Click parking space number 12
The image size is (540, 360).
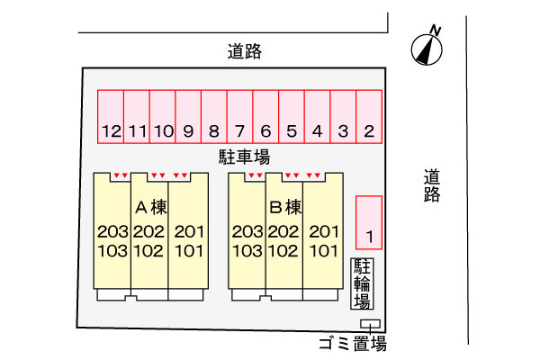click(x=111, y=117)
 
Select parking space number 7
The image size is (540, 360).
click(x=239, y=117)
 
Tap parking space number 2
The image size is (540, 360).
click(x=369, y=117)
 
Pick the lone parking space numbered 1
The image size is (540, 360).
click(x=369, y=222)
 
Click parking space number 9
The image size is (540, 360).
click(x=188, y=117)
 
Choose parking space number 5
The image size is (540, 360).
click(x=292, y=117)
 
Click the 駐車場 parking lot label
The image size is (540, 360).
click(x=245, y=157)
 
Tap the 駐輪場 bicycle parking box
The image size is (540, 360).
click(x=363, y=283)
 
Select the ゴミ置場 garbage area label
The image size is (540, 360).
click(x=353, y=344)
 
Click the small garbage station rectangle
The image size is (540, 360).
click(x=370, y=324)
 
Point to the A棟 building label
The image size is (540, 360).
click(x=151, y=207)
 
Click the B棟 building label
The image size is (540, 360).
click(x=285, y=207)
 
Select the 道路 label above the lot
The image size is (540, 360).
click(x=245, y=51)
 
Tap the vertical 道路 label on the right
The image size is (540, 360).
click(x=432, y=185)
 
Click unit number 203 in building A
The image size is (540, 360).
click(x=112, y=232)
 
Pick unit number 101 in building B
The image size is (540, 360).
click(x=324, y=251)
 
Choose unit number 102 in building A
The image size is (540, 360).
click(x=148, y=251)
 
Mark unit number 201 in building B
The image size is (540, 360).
click(x=324, y=232)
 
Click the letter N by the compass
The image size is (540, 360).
click(x=436, y=31)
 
